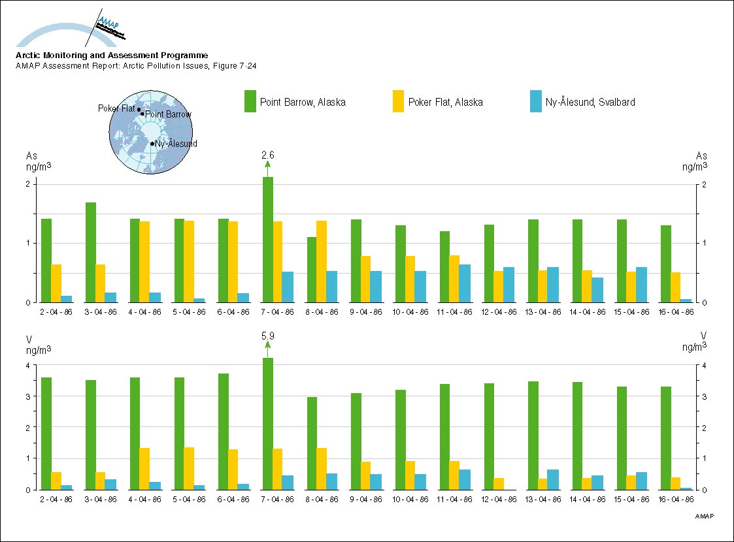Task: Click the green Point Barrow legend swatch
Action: pyautogui.click(x=250, y=101)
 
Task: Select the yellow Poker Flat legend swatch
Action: pyautogui.click(x=398, y=101)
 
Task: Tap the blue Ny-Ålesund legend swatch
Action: pyautogui.click(x=536, y=101)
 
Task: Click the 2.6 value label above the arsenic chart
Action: pyautogui.click(x=267, y=155)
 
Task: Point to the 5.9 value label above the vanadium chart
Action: pyautogui.click(x=267, y=336)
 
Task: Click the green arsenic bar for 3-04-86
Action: pyautogui.click(x=91, y=252)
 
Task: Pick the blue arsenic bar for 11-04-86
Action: pyautogui.click(x=465, y=283)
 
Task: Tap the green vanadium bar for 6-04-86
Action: pyautogui.click(x=224, y=431)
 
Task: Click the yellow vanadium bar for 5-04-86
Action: pyautogui.click(x=189, y=468)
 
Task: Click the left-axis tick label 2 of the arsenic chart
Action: pyautogui.click(x=28, y=184)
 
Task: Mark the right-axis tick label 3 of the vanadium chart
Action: pyautogui.click(x=703, y=396)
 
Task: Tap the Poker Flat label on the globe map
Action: pyautogui.click(x=116, y=108)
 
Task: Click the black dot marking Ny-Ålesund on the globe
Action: pyautogui.click(x=152, y=144)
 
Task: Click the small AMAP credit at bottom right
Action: pyautogui.click(x=703, y=516)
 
